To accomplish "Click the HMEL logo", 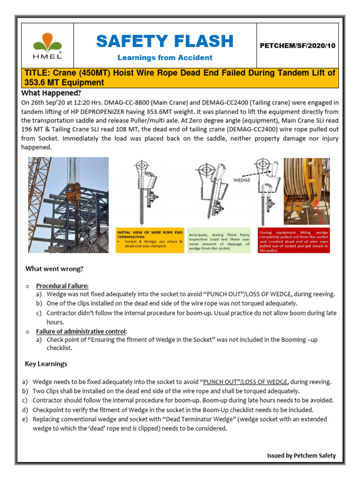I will (x=46, y=45).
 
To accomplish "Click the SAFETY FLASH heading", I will (x=165, y=41).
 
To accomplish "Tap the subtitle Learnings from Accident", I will (x=165, y=58).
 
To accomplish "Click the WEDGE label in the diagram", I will (x=242, y=179).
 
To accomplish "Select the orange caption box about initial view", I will (x=150, y=240).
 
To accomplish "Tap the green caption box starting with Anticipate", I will (x=218, y=240).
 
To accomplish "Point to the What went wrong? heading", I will (x=54, y=269).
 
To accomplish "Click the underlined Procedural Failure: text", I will (x=62, y=285).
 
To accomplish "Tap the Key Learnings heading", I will (x=46, y=364).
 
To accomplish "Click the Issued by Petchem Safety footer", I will (x=301, y=455).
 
